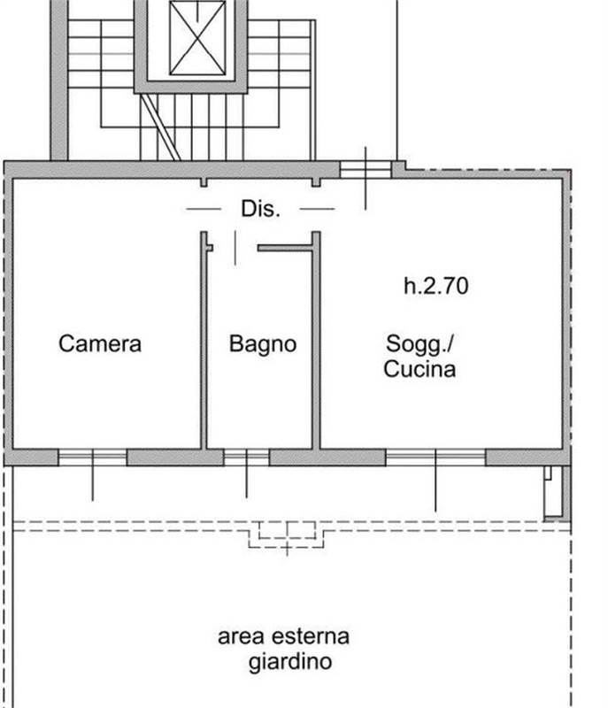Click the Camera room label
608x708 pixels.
pyautogui.click(x=100, y=343)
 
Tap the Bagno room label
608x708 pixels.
pyautogui.click(x=263, y=343)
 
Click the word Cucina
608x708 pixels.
pyautogui.click(x=419, y=368)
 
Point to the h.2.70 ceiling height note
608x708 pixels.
pyautogui.click(x=435, y=286)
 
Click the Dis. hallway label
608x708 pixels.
pyautogui.click(x=260, y=210)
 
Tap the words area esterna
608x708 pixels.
pyautogui.click(x=283, y=635)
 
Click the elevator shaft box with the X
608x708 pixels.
pyautogui.click(x=196, y=38)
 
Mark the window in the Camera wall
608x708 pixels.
pyautogui.click(x=92, y=457)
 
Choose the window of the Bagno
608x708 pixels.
pyautogui.click(x=246, y=457)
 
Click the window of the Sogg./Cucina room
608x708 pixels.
pyautogui.click(x=435, y=457)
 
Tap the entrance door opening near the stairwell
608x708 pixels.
pyautogui.click(x=365, y=169)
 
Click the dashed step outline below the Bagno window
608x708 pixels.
pyautogui.click(x=282, y=534)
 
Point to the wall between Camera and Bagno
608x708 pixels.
pyautogui.click(x=204, y=345)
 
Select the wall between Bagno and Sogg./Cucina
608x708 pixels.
pyautogui.click(x=316, y=345)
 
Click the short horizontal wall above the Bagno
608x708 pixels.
pyautogui.click(x=285, y=249)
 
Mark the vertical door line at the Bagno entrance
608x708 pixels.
pyautogui.click(x=235, y=248)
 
